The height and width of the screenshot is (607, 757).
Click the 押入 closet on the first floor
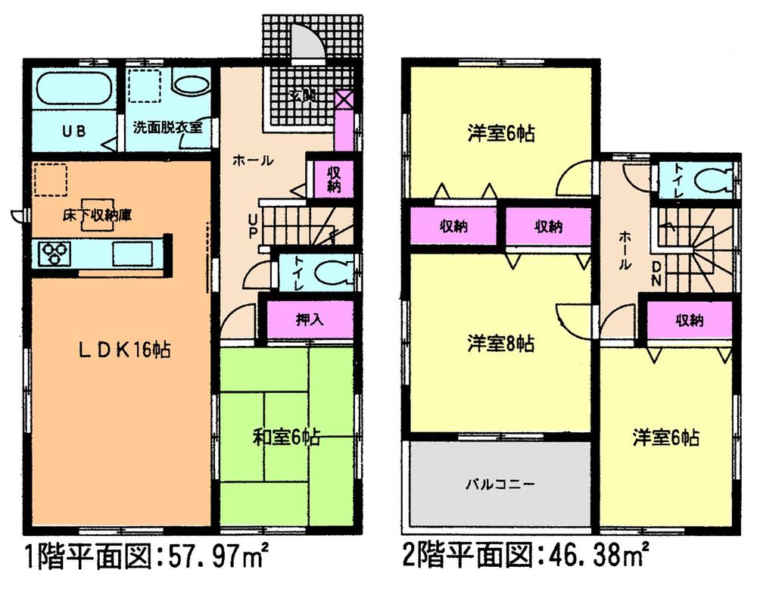[x=309, y=319]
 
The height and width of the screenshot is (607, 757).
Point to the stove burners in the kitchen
[x=54, y=253]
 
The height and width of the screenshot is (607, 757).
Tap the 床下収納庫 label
[x=98, y=216]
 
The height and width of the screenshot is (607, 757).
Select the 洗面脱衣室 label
[x=168, y=127]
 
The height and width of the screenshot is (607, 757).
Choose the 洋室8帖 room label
[x=501, y=344]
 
